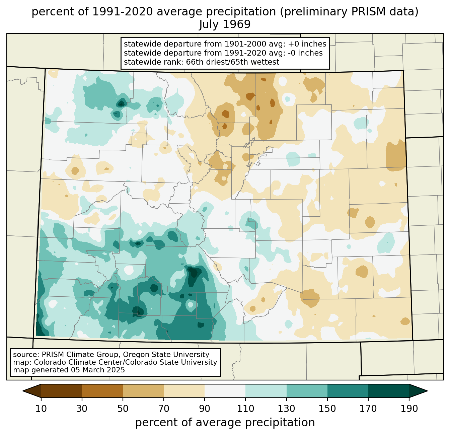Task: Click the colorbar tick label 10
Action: pos(41,409)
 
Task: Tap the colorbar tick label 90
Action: pos(205,409)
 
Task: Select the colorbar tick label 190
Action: pos(409,409)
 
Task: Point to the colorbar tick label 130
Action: pos(286,409)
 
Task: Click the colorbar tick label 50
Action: pos(123,409)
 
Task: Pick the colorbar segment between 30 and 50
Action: pos(102,391)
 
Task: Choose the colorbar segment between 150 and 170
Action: pos(348,391)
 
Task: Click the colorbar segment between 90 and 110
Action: pos(225,391)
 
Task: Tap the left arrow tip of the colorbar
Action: pos(23,391)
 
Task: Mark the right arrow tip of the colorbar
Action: pos(427,391)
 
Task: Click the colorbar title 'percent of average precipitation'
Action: pos(225,423)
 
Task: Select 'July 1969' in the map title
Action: pos(225,24)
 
